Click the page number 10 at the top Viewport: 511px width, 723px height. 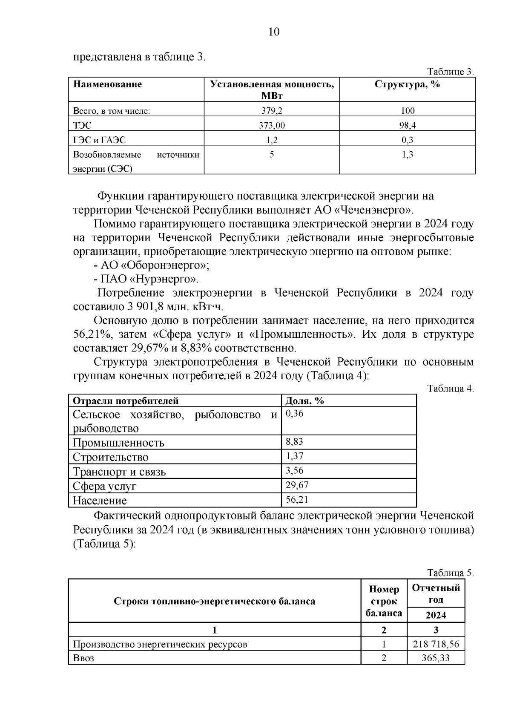coord(274,32)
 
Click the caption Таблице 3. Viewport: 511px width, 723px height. coord(451,72)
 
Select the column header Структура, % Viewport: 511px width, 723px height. coord(407,84)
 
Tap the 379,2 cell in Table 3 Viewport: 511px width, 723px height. coord(272,111)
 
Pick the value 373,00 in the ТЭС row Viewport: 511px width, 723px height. coord(272,125)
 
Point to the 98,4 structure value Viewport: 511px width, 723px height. coord(407,125)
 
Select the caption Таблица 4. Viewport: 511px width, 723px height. coord(451,389)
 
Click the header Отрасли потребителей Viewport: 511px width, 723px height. coord(126,401)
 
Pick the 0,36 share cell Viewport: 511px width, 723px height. coord(294,414)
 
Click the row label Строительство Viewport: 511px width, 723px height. coord(111,457)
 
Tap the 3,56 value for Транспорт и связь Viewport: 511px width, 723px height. coord(294,470)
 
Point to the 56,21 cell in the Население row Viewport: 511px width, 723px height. coord(297,499)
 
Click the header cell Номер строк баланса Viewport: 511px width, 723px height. coord(384,601)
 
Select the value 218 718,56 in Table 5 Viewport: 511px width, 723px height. coord(436,644)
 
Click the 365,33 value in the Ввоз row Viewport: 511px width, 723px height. coord(436,658)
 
